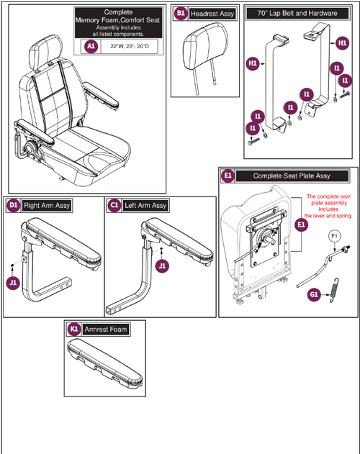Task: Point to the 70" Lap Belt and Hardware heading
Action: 296,14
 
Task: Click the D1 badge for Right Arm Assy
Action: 13,206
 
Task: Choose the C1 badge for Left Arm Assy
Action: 115,206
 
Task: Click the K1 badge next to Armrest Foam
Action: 73,329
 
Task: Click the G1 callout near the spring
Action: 314,294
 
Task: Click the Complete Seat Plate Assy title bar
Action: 292,176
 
